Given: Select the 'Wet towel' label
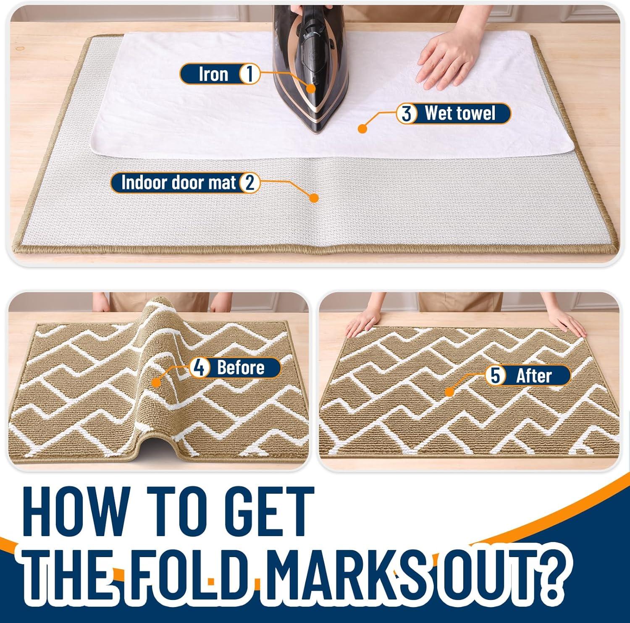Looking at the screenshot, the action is tap(460, 113).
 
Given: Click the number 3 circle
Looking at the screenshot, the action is tap(406, 114).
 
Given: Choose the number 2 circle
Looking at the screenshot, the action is tap(249, 183).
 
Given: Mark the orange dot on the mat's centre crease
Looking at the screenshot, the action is tap(313, 198).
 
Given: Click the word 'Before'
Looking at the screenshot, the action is tap(241, 368).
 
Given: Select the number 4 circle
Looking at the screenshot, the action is tap(199, 368).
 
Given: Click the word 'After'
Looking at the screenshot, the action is tap(533, 375).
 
